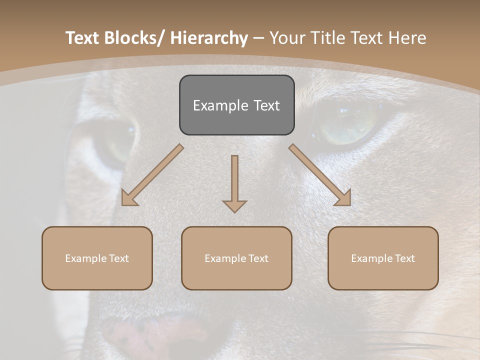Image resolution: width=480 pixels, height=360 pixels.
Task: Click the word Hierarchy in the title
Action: tap(209, 38)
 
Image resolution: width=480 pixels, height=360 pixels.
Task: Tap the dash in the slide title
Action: tap(258, 38)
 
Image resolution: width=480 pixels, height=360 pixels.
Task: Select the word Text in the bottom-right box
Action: tap(404, 258)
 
